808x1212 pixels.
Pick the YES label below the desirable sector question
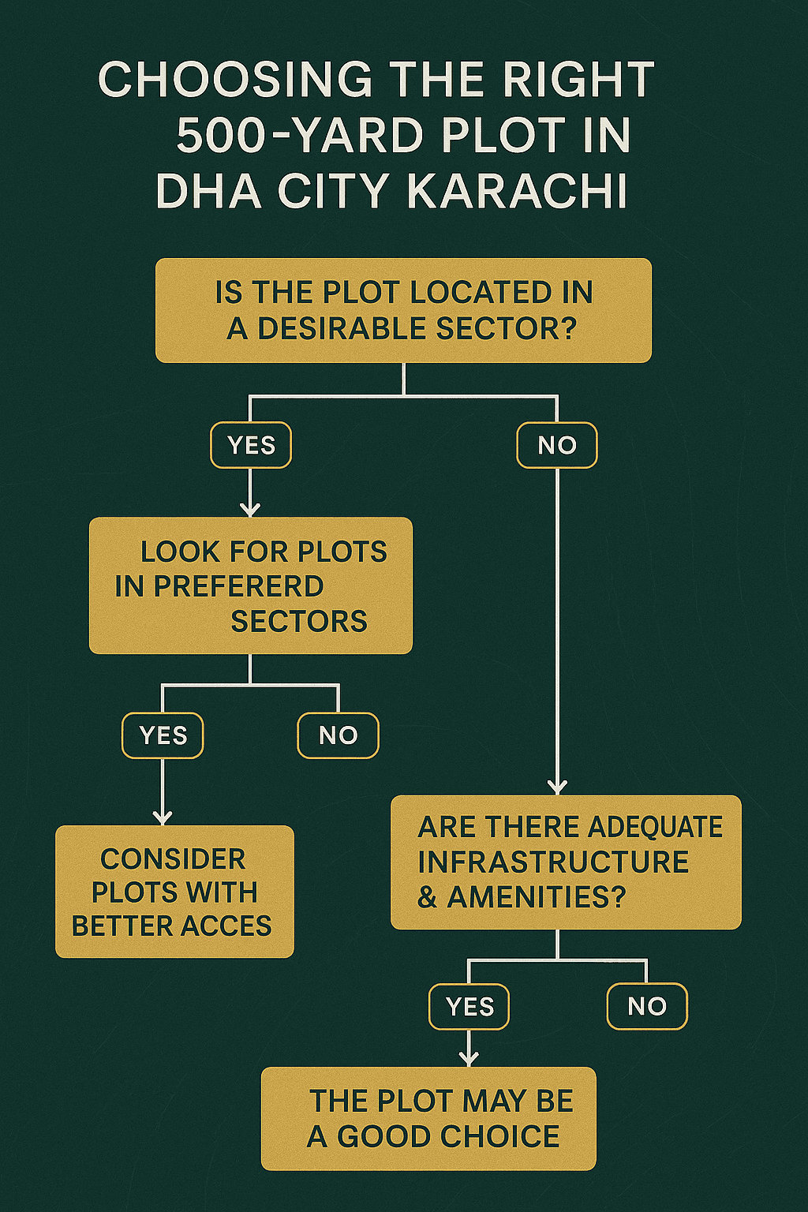coord(251,445)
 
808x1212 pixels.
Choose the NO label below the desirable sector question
coord(557,445)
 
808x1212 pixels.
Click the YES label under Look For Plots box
coord(163,735)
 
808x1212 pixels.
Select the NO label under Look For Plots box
coord(338,735)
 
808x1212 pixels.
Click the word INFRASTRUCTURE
coord(553,862)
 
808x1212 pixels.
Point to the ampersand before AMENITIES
coord(428,897)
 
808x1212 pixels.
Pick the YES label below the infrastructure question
coord(469,1007)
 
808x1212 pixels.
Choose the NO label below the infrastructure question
coord(647,1007)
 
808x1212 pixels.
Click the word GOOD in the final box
coord(383,1136)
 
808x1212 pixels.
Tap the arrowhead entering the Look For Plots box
coord(250,510)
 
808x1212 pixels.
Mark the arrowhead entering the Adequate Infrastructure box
coord(558,787)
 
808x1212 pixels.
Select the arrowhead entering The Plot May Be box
coord(469,1059)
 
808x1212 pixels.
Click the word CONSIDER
coord(173,858)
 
